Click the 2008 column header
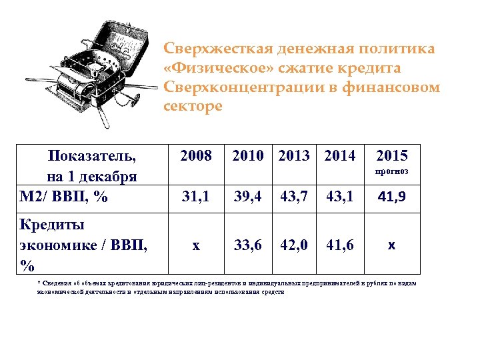click(195, 157)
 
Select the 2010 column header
click(248, 157)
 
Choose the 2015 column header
click(391, 157)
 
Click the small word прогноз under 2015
click(391, 173)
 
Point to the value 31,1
click(195, 197)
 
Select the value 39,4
click(248, 197)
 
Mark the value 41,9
click(391, 197)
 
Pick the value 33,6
click(248, 245)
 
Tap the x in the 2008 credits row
click(195, 245)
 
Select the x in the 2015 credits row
click(391, 245)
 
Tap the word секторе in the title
click(193, 107)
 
